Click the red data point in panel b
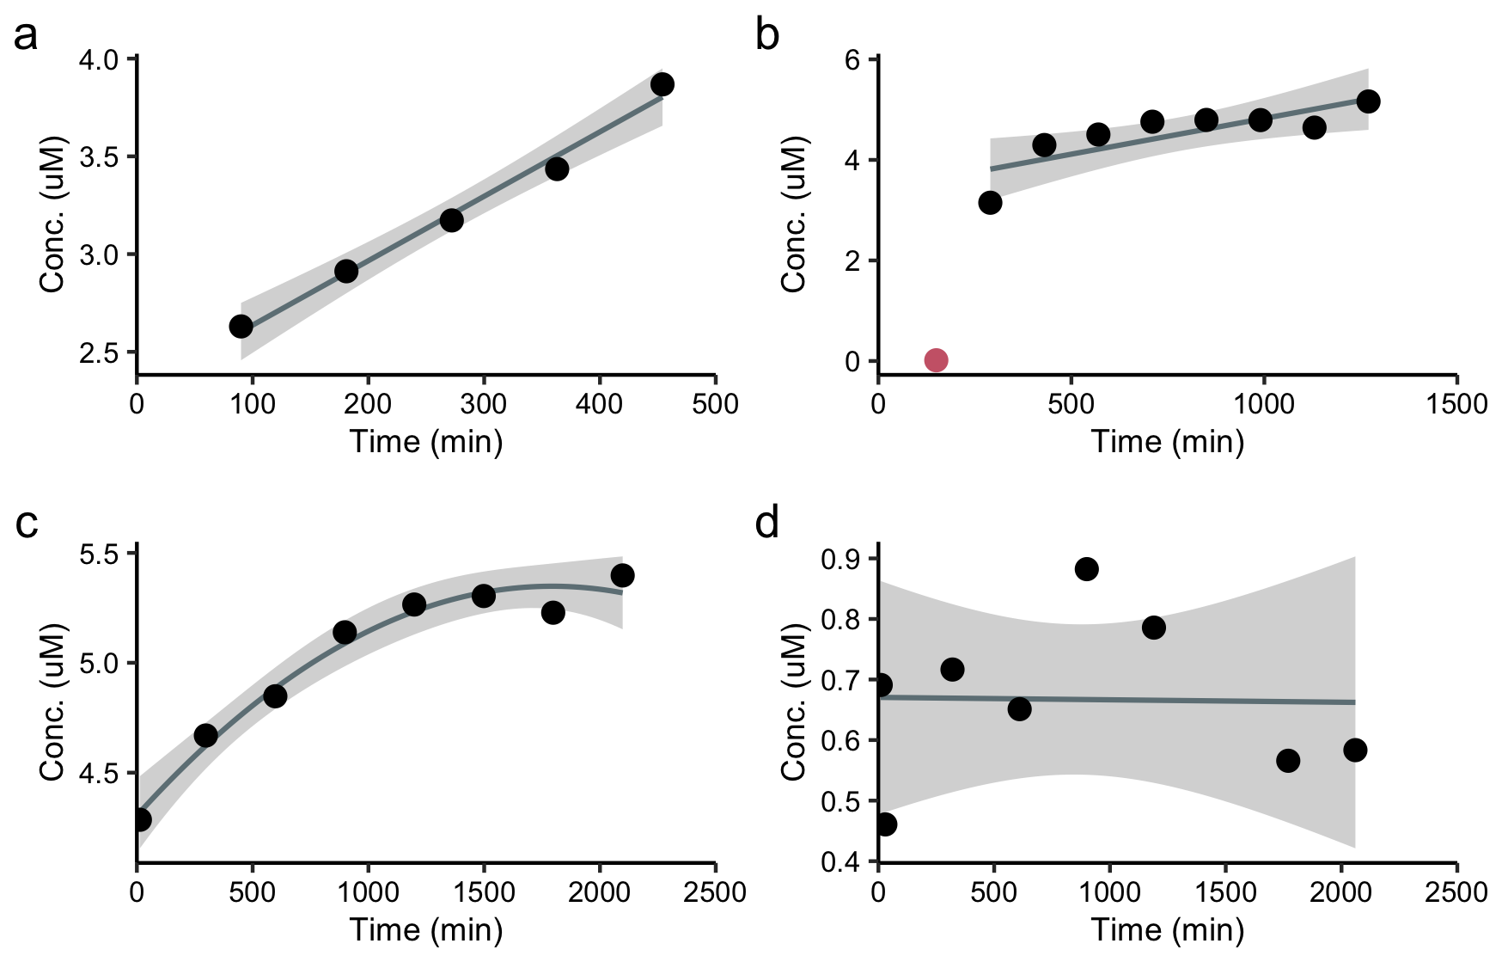tap(936, 360)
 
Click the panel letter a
tap(26, 36)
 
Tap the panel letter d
tap(766, 523)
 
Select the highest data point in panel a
tap(662, 85)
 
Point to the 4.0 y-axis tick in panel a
tap(132, 59)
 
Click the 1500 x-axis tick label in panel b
tap(1456, 404)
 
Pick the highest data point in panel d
tap(1086, 569)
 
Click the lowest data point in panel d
tap(885, 824)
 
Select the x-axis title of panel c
tap(426, 930)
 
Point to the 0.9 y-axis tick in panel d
tap(873, 559)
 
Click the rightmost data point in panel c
tap(622, 575)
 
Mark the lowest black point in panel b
tap(990, 203)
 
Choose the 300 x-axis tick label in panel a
tap(484, 404)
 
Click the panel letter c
tap(27, 523)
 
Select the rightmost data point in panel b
tap(1368, 101)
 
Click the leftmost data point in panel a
tap(241, 327)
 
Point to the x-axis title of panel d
tap(1167, 930)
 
